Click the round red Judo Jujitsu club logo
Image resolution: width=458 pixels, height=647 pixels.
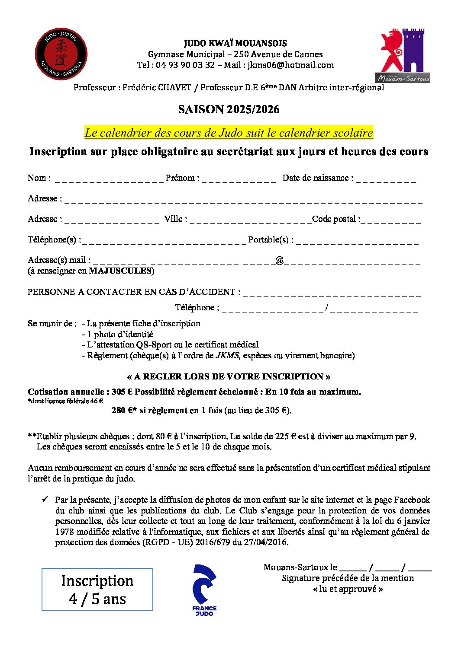[x=61, y=54]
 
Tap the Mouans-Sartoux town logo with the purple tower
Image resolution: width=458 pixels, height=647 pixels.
[x=404, y=56]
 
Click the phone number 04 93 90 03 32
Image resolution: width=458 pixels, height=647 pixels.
[x=185, y=65]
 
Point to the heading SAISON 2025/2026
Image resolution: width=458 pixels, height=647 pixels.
[x=229, y=109]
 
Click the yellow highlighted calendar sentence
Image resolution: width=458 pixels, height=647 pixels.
[x=229, y=133]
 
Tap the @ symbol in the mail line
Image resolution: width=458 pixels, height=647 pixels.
[x=279, y=260]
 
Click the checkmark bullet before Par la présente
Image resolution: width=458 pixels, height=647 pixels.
[x=45, y=499]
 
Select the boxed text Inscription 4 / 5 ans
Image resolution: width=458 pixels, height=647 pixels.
[x=97, y=589]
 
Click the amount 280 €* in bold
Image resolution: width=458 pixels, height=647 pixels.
[x=124, y=410]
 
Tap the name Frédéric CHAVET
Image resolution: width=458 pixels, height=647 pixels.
[x=157, y=87]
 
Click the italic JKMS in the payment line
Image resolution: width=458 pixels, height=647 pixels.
[x=227, y=355]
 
